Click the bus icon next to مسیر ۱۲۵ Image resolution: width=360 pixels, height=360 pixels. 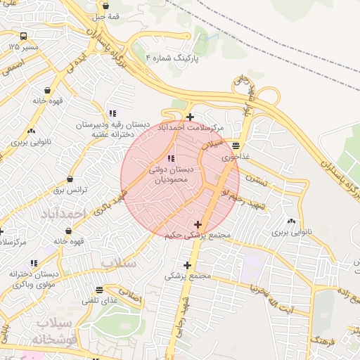pos(24,37)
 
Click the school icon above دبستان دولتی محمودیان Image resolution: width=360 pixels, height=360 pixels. pos(172,157)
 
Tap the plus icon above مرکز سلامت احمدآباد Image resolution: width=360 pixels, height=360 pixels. pos(190,117)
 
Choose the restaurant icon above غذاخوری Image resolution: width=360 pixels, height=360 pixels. pos(235,146)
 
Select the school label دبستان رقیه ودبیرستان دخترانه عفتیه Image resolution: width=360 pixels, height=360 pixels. pos(114,129)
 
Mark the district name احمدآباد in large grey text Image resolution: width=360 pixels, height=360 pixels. pos(63,212)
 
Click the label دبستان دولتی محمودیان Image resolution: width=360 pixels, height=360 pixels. pos(168,174)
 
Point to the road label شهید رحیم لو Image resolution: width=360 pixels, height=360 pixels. pos(251,200)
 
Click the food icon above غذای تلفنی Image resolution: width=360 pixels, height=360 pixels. pos(100,289)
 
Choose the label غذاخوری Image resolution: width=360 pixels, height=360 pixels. pos(236,157)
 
